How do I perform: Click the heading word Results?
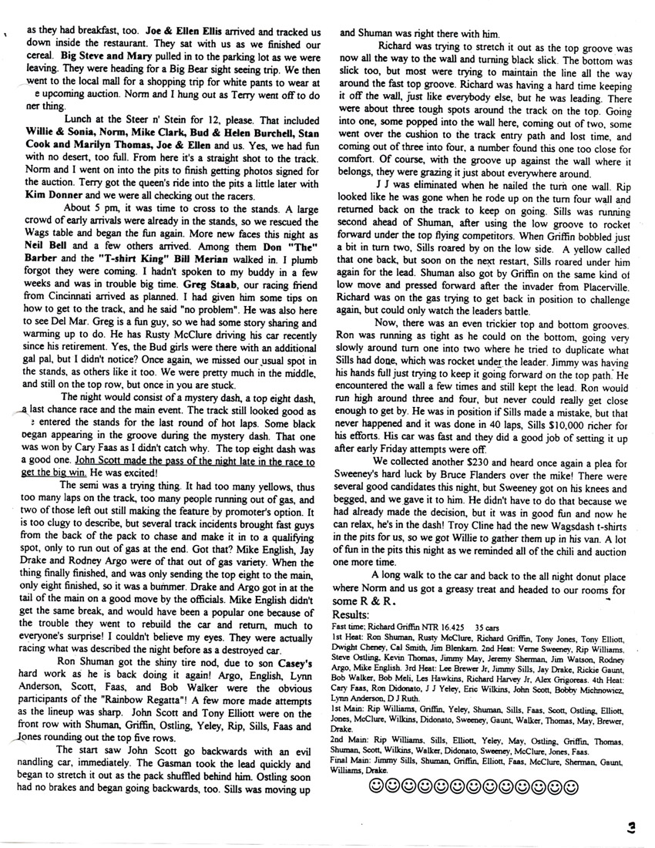[x=350, y=614]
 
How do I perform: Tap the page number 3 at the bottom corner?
[x=630, y=827]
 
